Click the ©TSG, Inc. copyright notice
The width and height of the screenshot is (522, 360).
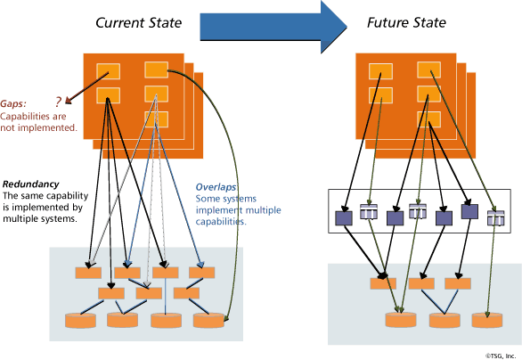click(501, 354)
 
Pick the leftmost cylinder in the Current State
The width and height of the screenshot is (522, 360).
click(78, 319)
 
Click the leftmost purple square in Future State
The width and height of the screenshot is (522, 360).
click(343, 217)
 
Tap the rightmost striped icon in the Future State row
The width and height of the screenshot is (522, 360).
click(495, 217)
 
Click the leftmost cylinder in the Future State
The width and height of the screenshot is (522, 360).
click(398, 319)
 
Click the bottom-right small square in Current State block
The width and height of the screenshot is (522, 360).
click(156, 119)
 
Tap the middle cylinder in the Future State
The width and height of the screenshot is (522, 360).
click(442, 319)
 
